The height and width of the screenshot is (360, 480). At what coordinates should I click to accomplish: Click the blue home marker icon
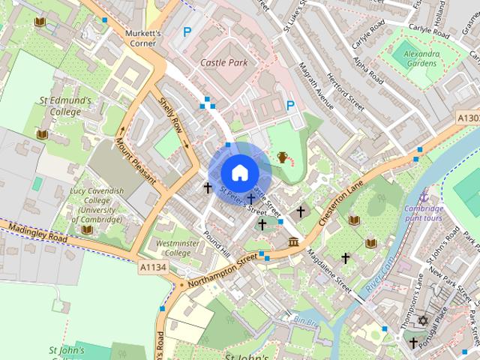pos(239,172)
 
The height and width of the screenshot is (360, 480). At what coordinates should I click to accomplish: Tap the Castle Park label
pos(223,63)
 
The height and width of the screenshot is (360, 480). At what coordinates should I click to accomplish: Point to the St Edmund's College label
pos(66,106)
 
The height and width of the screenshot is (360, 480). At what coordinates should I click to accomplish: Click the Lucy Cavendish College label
pos(96,205)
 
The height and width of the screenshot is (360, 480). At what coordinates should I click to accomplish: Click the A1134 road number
pos(151,266)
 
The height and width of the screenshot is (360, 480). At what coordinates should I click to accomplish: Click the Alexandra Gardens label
pos(420,58)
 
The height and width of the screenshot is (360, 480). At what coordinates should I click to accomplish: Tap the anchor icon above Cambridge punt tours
pos(424,194)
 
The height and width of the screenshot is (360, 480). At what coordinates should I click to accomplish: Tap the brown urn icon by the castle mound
pos(283,157)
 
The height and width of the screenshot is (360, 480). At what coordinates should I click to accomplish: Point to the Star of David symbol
pos(422,320)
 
